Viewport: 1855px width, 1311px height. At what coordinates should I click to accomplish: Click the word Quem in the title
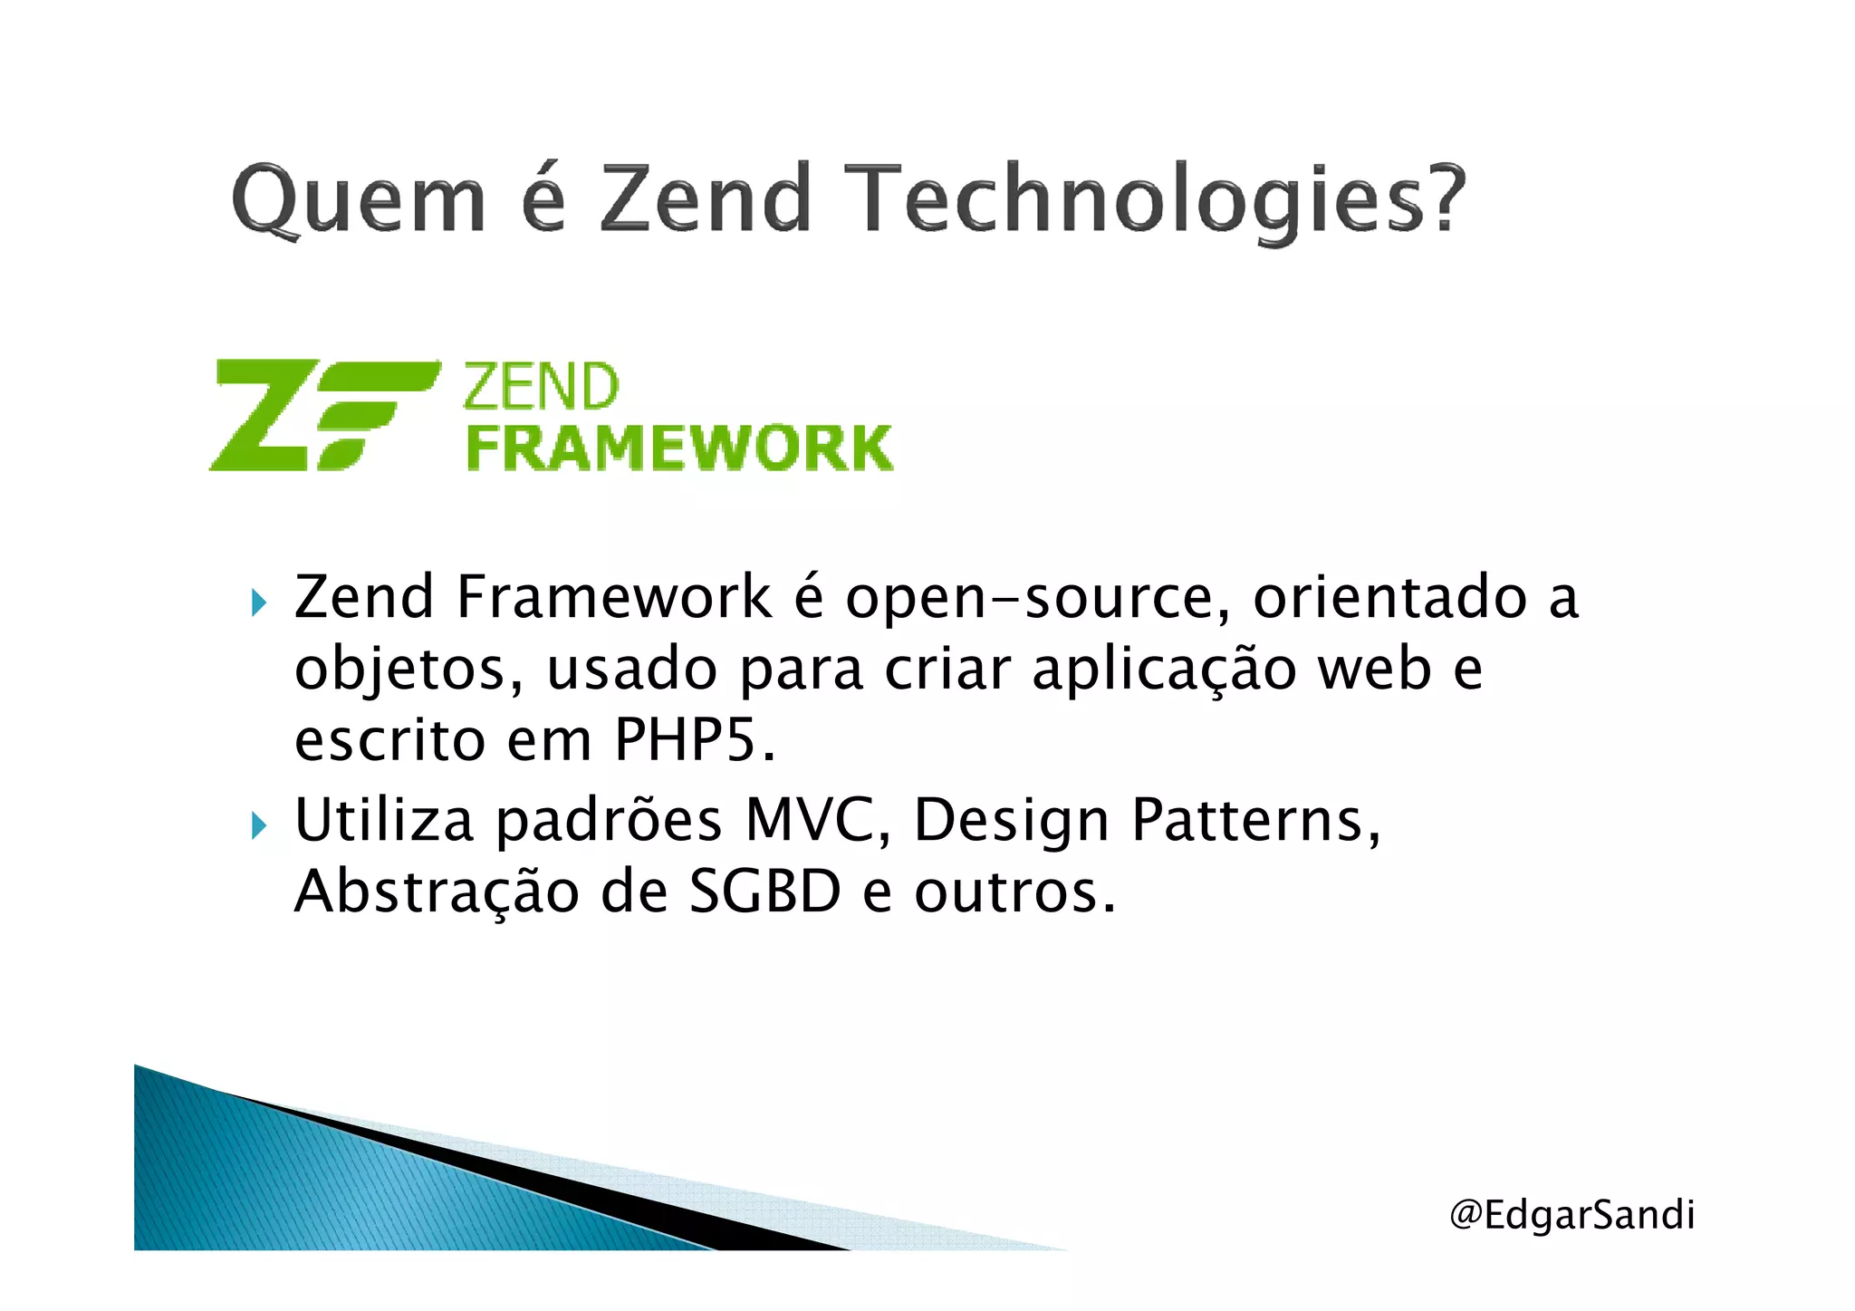coord(359,199)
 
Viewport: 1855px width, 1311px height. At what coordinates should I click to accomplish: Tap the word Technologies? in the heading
coord(1160,201)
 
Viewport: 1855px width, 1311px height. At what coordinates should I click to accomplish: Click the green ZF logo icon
coord(324,415)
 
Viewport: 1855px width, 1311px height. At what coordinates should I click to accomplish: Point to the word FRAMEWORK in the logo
coord(679,448)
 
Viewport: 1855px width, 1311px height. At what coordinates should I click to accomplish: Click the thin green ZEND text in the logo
coord(542,388)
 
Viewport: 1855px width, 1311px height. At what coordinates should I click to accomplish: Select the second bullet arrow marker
coord(260,825)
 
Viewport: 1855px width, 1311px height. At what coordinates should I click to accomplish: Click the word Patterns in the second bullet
coord(1255,821)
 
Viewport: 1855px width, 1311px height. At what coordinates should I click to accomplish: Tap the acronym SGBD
coord(765,892)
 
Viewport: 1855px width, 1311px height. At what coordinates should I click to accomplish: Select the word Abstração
coord(437,892)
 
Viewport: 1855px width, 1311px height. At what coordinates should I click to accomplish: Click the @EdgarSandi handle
coord(1571,1215)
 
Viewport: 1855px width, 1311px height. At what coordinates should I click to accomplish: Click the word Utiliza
coord(384,821)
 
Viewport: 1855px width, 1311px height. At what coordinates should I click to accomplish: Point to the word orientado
coord(1390,599)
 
